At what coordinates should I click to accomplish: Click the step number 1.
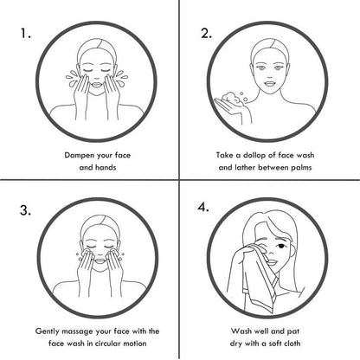(x=25, y=34)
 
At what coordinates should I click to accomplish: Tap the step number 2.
(x=206, y=34)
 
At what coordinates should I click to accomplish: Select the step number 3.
(x=25, y=210)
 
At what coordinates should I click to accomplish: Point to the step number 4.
(x=203, y=207)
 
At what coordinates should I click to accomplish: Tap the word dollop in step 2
(x=254, y=156)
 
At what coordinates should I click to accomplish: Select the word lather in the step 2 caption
(x=245, y=168)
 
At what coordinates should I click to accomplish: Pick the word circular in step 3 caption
(x=108, y=344)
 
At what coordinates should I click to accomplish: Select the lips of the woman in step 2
(x=270, y=84)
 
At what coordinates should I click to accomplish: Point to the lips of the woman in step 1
(x=97, y=85)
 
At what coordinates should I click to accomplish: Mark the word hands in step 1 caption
(x=106, y=168)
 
